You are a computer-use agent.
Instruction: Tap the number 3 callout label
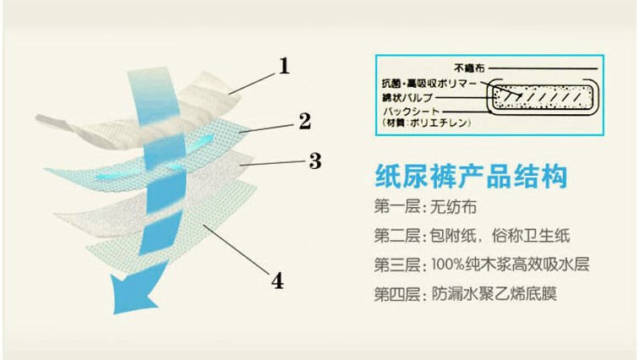coord(314,159)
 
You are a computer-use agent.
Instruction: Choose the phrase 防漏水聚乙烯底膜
coord(494,295)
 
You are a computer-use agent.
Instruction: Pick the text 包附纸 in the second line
coord(456,235)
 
